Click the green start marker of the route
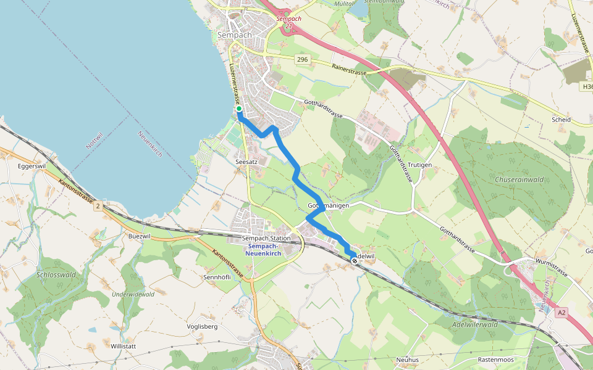tap(238, 109)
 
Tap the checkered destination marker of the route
tap(355, 261)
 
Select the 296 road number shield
tap(301, 59)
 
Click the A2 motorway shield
tap(560, 313)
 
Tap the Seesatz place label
tap(246, 162)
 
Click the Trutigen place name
tap(419, 165)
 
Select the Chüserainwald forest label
tap(519, 179)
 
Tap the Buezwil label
tap(139, 236)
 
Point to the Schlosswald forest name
tap(56, 274)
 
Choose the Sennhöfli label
tap(217, 277)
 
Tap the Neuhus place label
tap(407, 359)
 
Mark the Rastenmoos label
tap(496, 359)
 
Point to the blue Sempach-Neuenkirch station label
tap(263, 250)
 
